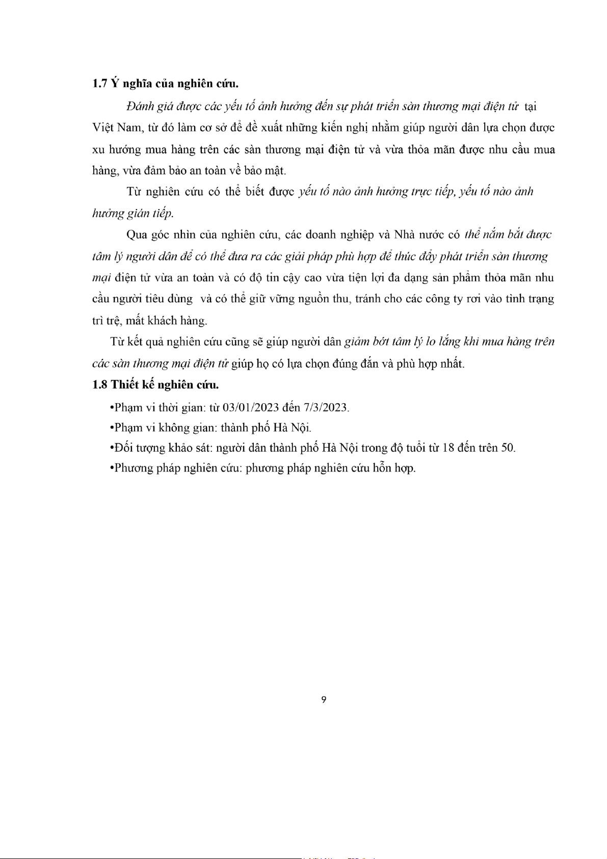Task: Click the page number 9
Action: [324, 699]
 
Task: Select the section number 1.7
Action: [100, 84]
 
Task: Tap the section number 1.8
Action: [100, 384]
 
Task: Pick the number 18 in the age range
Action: [448, 448]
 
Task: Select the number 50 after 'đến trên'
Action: [508, 448]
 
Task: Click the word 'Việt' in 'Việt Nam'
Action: [103, 127]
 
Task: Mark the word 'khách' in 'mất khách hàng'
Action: [161, 321]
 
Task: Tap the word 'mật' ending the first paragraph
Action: [275, 171]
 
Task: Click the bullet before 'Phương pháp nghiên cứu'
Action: [112, 468]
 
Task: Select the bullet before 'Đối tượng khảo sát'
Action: [112, 448]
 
